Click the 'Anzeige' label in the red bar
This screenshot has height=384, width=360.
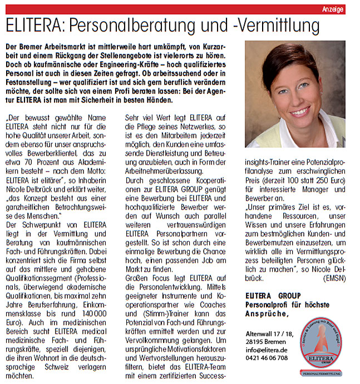pyautogui.click(x=333, y=10)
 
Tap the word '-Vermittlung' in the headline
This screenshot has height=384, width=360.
pyautogui.click(x=276, y=26)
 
